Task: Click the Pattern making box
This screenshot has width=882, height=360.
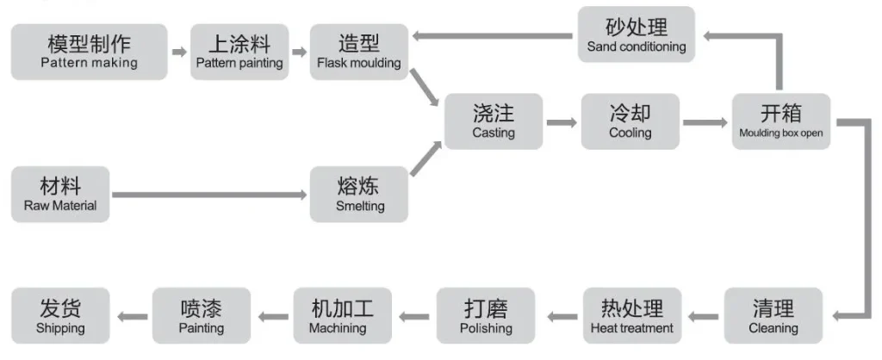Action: pos(89,52)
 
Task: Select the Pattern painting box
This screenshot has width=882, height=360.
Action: pos(239,52)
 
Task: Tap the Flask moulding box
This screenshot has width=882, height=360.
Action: pos(358,52)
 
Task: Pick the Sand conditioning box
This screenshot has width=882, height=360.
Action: pos(637,35)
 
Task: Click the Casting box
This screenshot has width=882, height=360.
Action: pos(494,121)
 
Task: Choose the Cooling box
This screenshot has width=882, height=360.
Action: pos(630,121)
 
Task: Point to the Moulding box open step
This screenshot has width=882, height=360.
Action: pos(781,121)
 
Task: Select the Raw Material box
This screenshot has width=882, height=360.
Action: pos(60,195)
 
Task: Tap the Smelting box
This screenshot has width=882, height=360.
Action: pos(359,195)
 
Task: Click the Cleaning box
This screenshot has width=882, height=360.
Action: pos(773,316)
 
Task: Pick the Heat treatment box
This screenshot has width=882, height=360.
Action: pos(632,316)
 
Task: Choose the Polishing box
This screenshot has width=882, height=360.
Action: pos(486,316)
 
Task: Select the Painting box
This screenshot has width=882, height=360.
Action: pos(202,316)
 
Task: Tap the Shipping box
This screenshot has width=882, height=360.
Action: pos(60,316)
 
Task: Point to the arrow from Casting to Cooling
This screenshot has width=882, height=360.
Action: pos(562,122)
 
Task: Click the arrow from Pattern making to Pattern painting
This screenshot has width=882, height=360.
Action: pos(178,52)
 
